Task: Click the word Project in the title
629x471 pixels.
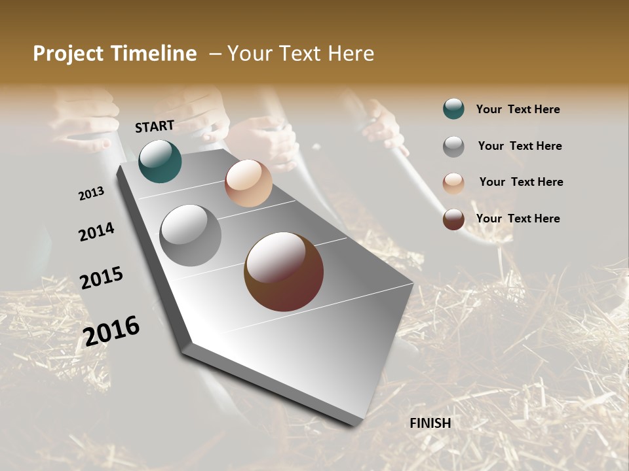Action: tap(68, 54)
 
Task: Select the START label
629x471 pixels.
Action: tap(155, 126)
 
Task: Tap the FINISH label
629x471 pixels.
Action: tap(430, 423)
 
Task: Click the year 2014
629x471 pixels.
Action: tap(97, 232)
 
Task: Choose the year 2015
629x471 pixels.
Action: tap(102, 277)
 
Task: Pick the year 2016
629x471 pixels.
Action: tap(111, 330)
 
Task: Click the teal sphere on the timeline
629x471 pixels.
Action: tap(160, 161)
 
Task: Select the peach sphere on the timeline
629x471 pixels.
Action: tap(248, 183)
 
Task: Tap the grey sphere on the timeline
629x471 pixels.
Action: tap(191, 235)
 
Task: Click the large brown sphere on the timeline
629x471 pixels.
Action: tap(284, 271)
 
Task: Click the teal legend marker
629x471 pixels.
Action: tap(453, 109)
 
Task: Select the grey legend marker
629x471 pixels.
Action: tap(453, 146)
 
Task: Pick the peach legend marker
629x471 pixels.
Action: tap(453, 183)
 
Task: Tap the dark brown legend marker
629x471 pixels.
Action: tap(453, 219)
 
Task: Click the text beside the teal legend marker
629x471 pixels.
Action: tap(518, 109)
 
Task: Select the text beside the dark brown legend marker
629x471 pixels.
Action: tap(518, 218)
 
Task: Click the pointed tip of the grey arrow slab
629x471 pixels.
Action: tap(359, 424)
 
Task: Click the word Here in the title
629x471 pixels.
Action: tap(350, 54)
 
